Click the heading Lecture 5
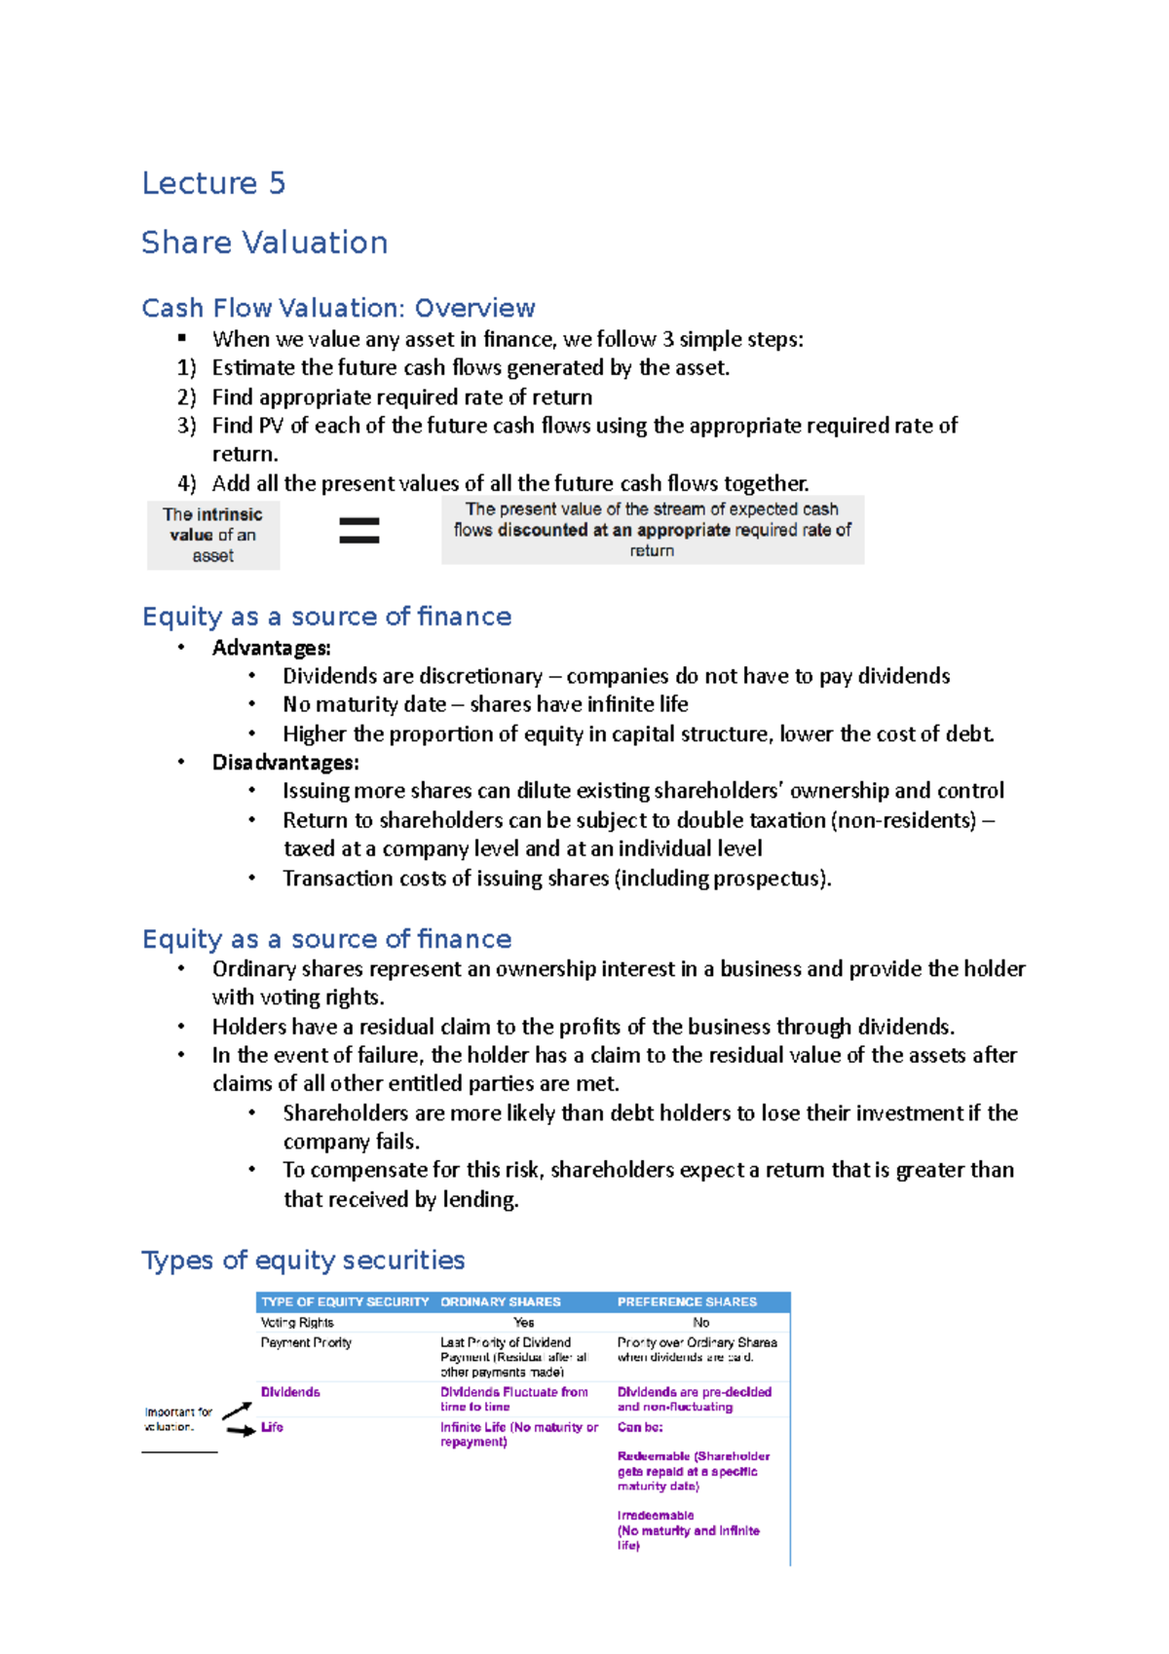(x=213, y=183)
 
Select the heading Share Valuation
(x=264, y=243)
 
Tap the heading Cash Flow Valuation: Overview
(x=338, y=308)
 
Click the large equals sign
(x=358, y=530)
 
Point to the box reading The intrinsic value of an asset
(x=213, y=535)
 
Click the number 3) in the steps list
(x=187, y=426)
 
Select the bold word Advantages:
(x=272, y=648)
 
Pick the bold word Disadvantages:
(x=285, y=763)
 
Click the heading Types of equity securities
(x=303, y=1260)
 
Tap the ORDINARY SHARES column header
(x=501, y=1302)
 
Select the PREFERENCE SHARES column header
(x=687, y=1302)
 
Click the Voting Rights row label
(x=297, y=1323)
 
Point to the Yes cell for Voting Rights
(x=523, y=1323)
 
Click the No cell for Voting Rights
(x=700, y=1323)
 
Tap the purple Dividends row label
(x=290, y=1392)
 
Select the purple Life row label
(x=272, y=1427)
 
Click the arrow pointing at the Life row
(x=240, y=1430)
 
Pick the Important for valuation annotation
(x=178, y=1419)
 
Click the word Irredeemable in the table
(x=656, y=1516)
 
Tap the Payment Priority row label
(x=306, y=1342)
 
